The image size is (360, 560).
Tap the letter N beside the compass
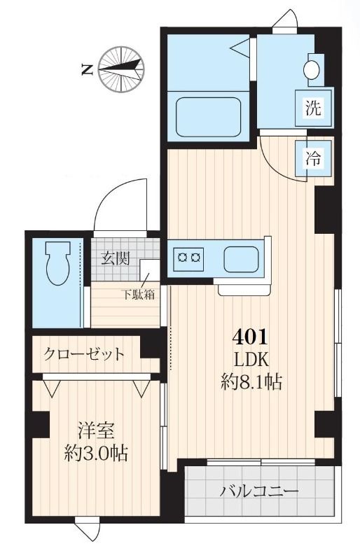click(87, 69)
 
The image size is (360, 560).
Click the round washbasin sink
click(312, 69)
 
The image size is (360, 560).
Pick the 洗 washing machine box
click(312, 108)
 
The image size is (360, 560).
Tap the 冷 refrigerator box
click(313, 157)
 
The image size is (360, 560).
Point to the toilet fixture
click(56, 265)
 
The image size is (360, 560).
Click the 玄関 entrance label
click(113, 258)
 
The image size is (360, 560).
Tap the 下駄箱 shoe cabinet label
click(140, 294)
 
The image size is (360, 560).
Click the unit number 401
click(250, 337)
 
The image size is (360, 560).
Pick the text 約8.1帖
click(251, 382)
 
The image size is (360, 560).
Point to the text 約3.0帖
click(92, 453)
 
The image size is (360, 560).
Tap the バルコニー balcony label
click(260, 490)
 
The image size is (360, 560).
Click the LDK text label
click(251, 360)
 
